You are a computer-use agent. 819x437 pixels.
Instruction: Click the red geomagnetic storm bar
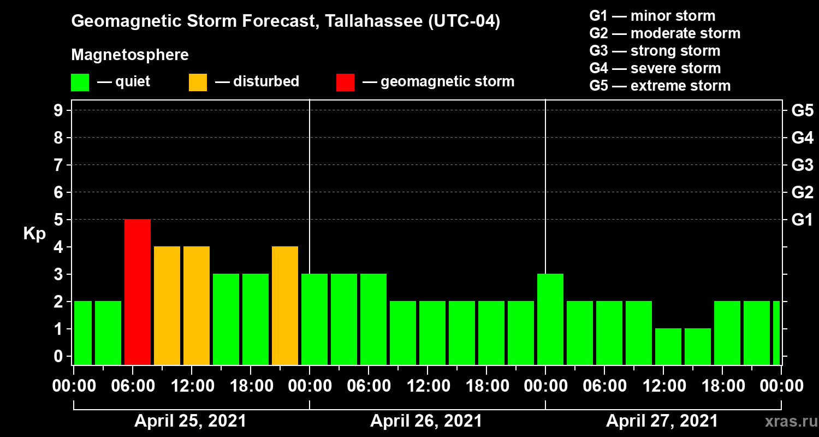(x=138, y=292)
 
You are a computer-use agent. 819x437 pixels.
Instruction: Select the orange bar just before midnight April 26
(x=285, y=305)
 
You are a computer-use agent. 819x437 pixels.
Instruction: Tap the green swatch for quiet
(x=80, y=82)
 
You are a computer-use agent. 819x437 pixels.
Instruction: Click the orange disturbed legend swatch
(x=198, y=82)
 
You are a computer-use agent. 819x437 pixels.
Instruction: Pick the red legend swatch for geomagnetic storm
(x=345, y=82)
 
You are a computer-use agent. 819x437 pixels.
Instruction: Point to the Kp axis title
(x=34, y=234)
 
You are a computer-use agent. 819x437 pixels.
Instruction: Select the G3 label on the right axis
(x=802, y=165)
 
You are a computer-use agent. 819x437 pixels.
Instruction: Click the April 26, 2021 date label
(x=426, y=421)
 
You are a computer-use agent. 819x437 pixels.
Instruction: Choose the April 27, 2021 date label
(x=662, y=421)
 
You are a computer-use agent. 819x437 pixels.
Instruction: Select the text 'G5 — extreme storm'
(x=660, y=86)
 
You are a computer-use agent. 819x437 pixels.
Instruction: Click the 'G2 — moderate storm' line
(x=665, y=33)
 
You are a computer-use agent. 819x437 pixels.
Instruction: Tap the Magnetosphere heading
(x=130, y=55)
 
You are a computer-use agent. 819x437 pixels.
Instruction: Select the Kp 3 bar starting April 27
(x=550, y=319)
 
